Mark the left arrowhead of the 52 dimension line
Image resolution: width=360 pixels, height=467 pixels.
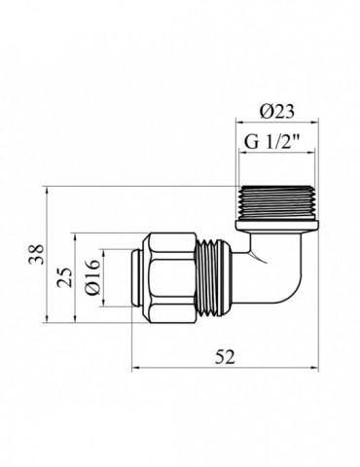click(134, 370)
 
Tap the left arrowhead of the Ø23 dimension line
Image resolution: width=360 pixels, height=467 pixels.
click(238, 123)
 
